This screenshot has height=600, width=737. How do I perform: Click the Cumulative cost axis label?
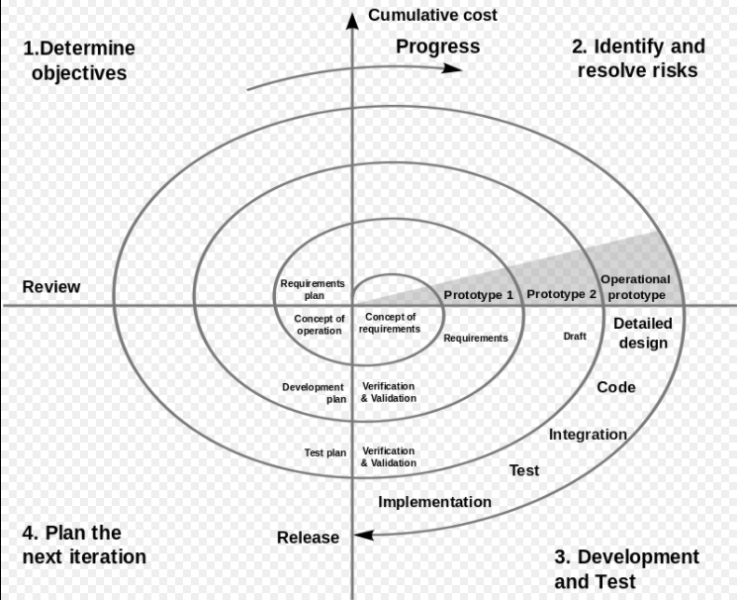(432, 15)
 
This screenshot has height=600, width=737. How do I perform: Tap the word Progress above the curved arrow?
(437, 47)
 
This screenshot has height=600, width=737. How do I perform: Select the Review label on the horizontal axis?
(51, 287)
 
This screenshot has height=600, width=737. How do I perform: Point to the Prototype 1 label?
(478, 295)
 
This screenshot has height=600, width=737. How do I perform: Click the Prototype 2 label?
(561, 294)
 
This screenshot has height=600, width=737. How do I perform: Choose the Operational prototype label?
(635, 287)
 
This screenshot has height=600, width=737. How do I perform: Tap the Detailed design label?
(643, 333)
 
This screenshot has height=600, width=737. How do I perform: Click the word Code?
(615, 387)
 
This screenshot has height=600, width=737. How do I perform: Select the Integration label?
(588, 434)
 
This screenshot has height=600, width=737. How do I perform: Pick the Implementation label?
(434, 501)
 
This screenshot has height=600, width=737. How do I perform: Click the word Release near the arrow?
(308, 538)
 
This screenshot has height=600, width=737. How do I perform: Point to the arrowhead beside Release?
(363, 535)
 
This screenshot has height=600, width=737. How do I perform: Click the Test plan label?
(324, 452)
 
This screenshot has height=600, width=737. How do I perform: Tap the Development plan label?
(314, 393)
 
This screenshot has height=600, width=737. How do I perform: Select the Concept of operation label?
(320, 325)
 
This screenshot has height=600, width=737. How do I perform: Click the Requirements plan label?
(312, 289)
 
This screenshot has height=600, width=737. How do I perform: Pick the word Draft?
(575, 337)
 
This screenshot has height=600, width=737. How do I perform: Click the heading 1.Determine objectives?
(78, 59)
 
